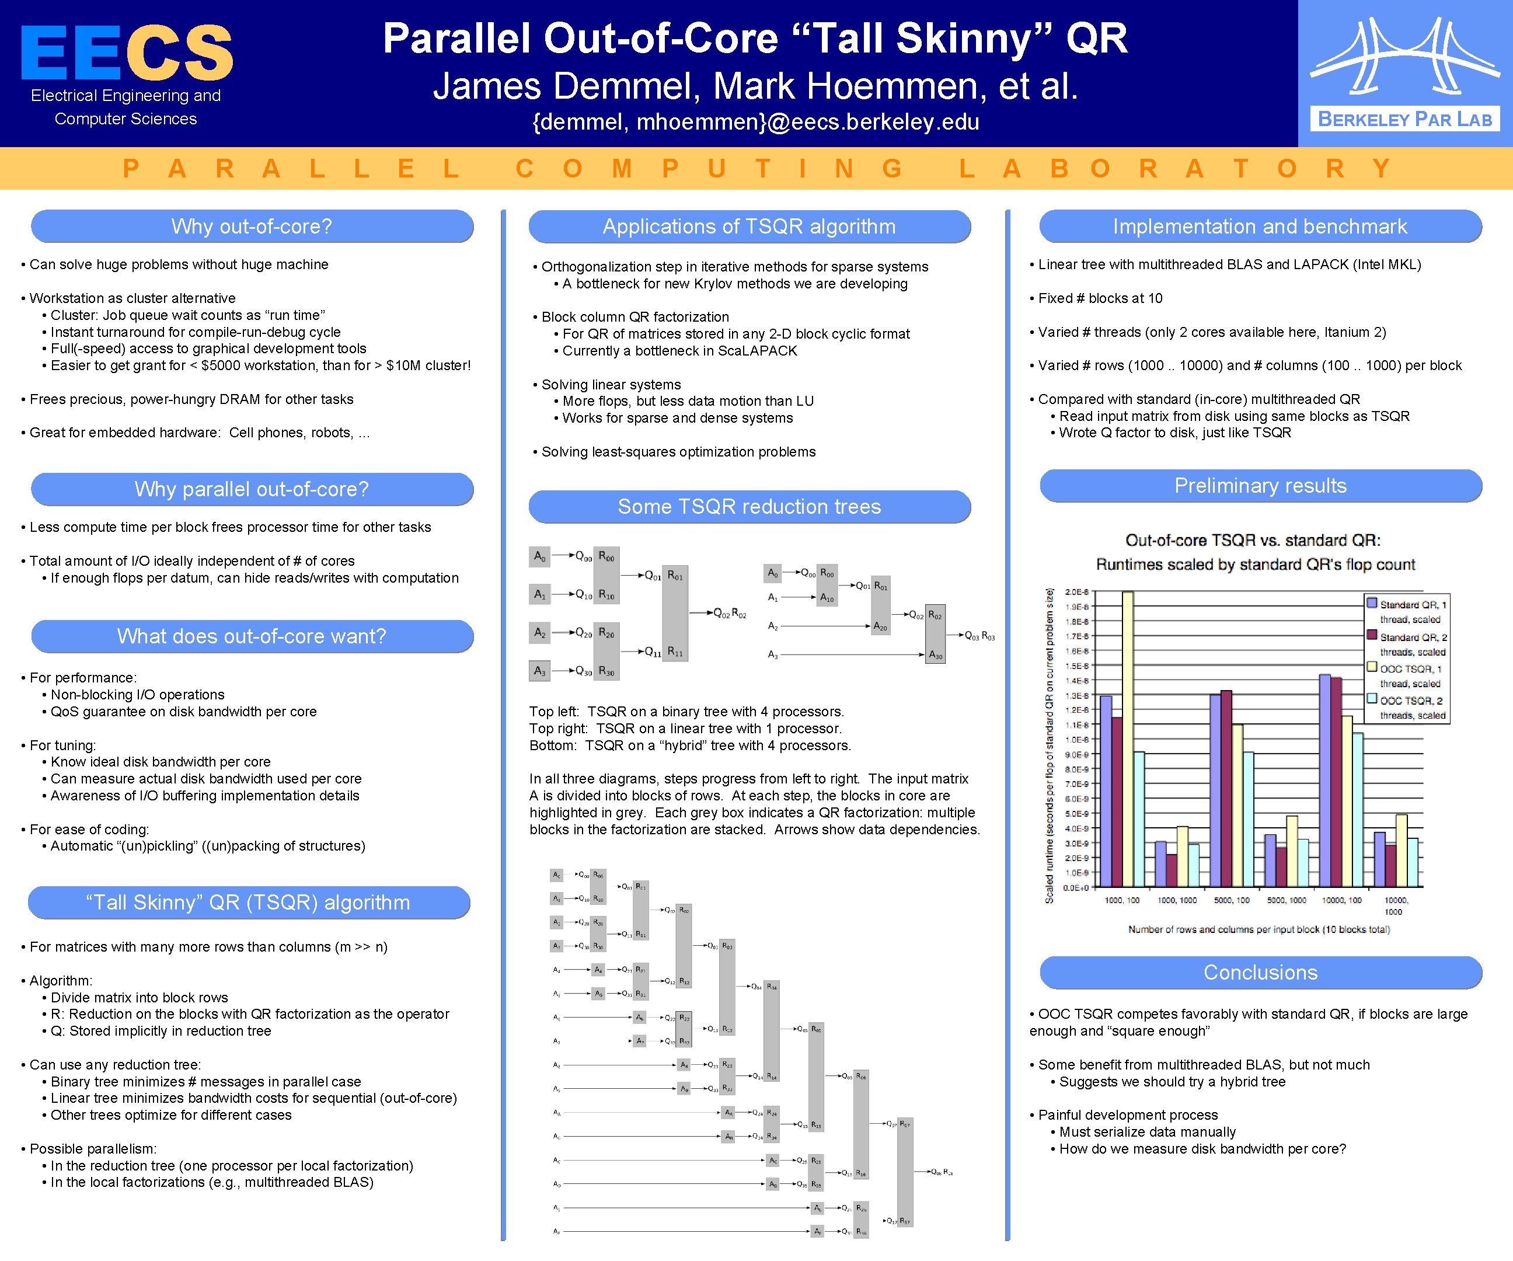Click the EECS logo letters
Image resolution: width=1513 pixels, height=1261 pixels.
click(x=127, y=52)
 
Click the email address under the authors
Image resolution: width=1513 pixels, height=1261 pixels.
click(x=755, y=122)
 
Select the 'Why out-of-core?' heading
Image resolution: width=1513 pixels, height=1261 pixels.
click(x=252, y=227)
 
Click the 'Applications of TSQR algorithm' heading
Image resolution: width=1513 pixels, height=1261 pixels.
click(x=749, y=227)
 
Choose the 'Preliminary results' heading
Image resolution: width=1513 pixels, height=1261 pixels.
click(x=1260, y=486)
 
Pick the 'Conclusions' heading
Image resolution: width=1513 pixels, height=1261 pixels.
click(x=1260, y=972)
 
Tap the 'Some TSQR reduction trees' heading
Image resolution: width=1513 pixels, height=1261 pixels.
click(x=749, y=507)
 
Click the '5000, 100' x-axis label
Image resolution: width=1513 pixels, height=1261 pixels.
click(x=1232, y=900)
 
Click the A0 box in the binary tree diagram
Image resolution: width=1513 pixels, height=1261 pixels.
click(x=539, y=556)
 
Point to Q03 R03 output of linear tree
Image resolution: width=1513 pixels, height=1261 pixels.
click(x=980, y=636)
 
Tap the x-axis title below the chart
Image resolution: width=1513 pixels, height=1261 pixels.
click(x=1258, y=929)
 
